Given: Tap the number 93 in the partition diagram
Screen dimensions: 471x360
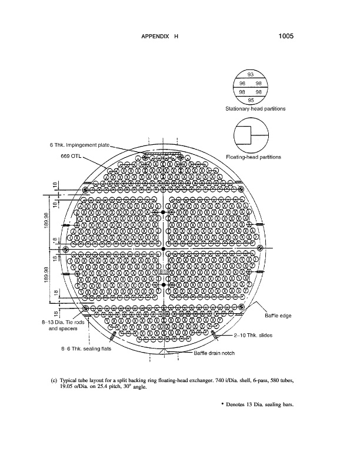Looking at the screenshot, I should [x=251, y=74].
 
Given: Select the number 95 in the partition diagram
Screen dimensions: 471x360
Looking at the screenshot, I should [x=251, y=99].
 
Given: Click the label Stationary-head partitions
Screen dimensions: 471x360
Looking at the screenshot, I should [x=255, y=109].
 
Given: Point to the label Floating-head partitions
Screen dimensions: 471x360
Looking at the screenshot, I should [x=254, y=157].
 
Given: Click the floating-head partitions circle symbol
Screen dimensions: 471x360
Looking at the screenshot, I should [x=251, y=135].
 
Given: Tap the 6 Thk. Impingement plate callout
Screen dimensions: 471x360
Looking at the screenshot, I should [x=79, y=145].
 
